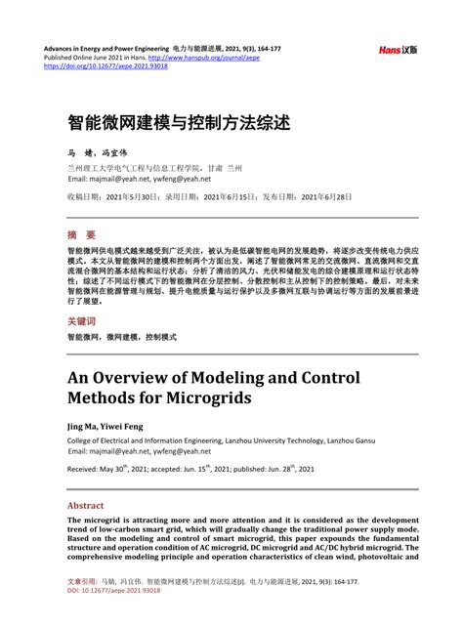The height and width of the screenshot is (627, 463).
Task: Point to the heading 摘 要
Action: coord(81,235)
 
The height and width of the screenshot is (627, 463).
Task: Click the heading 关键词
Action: coord(82,321)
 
